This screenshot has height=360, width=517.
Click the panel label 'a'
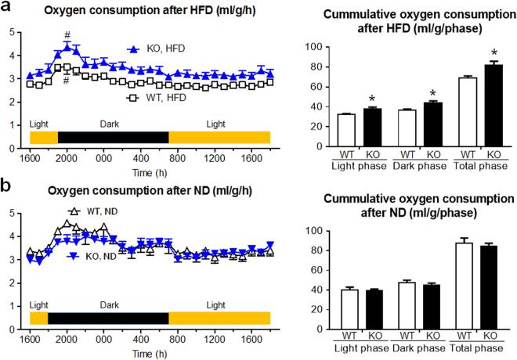[x=6, y=9]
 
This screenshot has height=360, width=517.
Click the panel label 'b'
[x=6, y=191]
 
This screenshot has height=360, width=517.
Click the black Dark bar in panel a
[x=113, y=137]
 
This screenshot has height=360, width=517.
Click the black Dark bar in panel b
[x=108, y=318]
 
